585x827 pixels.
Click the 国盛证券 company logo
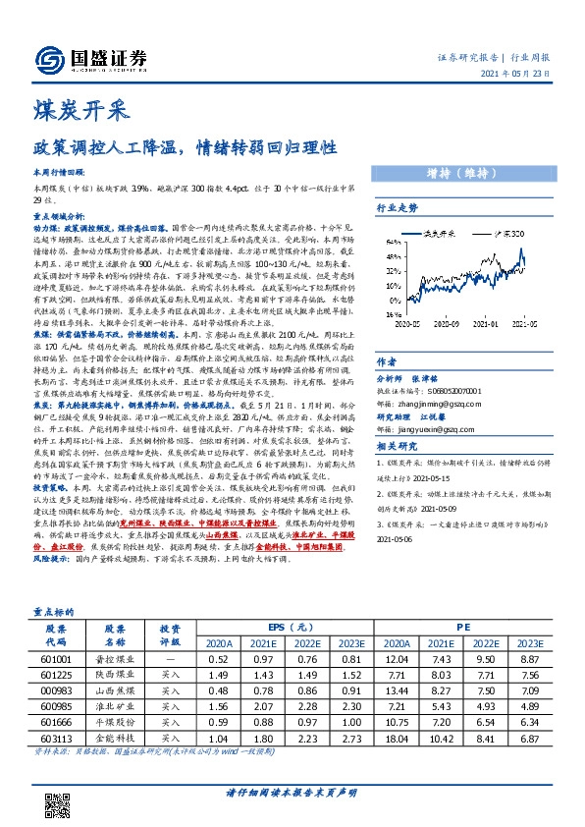(99, 57)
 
